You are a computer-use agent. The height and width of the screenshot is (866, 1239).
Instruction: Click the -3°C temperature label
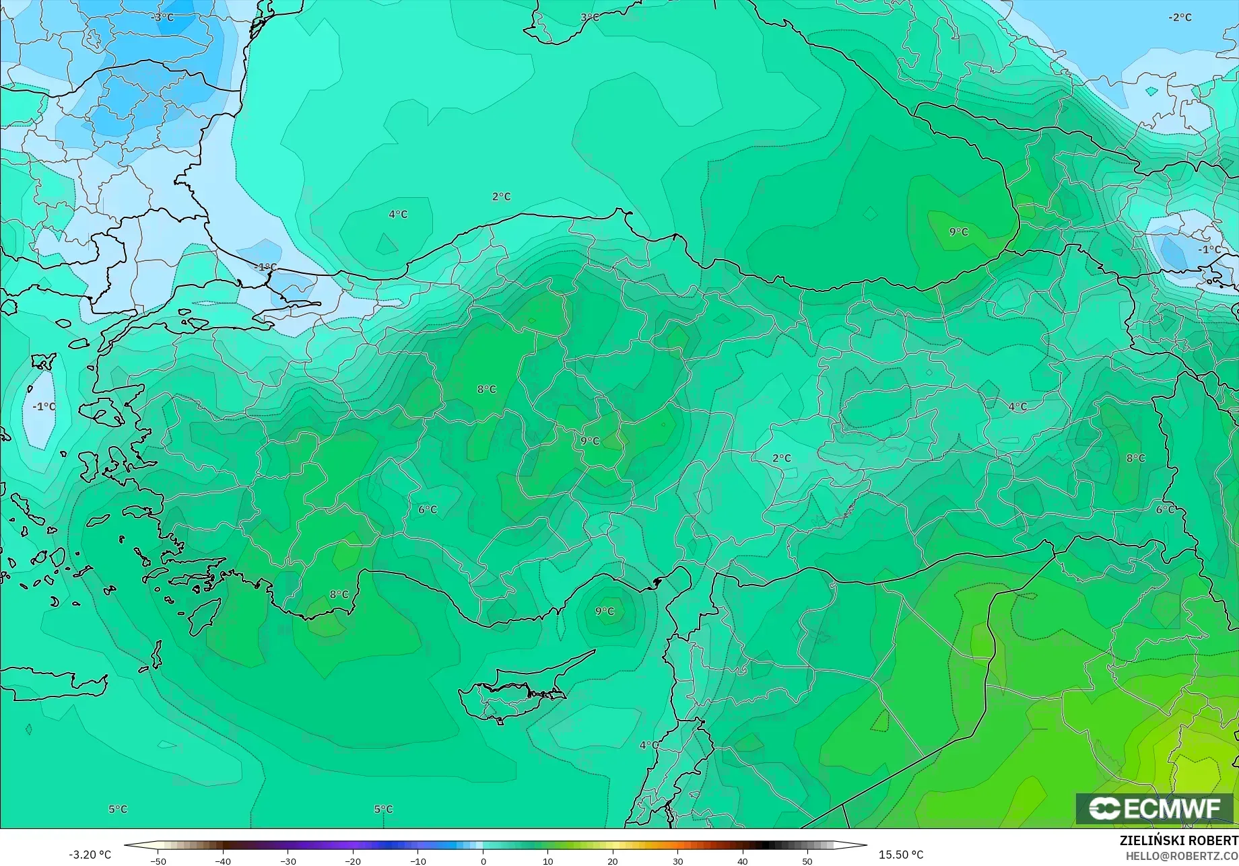coord(163,17)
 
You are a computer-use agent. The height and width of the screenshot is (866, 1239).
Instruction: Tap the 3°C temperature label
coord(589,17)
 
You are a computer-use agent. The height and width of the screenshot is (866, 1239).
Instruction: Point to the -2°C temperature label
coord(1180,17)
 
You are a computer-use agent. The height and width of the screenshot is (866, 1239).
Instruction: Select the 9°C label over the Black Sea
coord(958,232)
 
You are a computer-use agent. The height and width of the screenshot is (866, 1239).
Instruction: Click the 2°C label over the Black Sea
coord(501,197)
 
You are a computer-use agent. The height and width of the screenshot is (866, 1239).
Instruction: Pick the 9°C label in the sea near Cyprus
coord(605,612)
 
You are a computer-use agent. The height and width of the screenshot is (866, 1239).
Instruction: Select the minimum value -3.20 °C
coord(90,855)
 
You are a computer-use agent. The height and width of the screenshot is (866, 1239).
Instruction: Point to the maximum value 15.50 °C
coord(901,855)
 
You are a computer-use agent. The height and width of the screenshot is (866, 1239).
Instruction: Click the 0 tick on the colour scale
coord(483,861)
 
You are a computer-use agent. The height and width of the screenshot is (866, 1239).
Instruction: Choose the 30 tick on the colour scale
coord(677,861)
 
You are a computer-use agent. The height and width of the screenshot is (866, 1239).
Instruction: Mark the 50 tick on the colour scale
coord(807,861)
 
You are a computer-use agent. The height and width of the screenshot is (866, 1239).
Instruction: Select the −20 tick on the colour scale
coord(353,861)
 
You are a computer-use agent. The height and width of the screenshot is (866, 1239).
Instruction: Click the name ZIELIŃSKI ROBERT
coord(1178,841)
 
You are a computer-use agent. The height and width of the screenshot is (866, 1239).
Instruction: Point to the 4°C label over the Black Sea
coord(398,215)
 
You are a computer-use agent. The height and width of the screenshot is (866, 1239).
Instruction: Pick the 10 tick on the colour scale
coord(547,861)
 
